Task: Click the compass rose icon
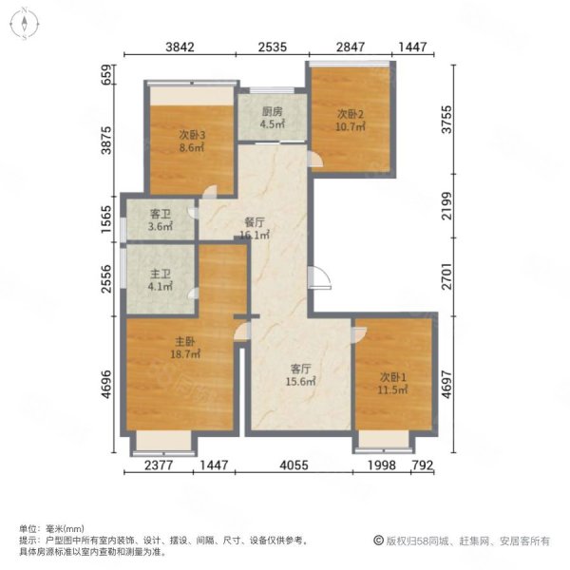click(x=25, y=24)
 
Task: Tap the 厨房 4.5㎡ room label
click(x=273, y=118)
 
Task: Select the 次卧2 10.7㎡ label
click(x=350, y=121)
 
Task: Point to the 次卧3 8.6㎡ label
click(x=192, y=142)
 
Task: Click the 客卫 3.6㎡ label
click(x=160, y=220)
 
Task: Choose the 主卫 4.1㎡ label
click(x=160, y=280)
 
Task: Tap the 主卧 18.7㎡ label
click(x=185, y=348)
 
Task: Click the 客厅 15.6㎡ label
click(x=300, y=375)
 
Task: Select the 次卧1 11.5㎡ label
click(x=392, y=384)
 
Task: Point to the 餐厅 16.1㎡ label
click(x=255, y=228)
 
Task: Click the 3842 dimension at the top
click(x=180, y=47)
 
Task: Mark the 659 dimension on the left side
click(x=106, y=74)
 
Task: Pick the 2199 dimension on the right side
click(x=446, y=206)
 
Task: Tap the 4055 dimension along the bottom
click(x=294, y=465)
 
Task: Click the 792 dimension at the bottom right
click(x=422, y=465)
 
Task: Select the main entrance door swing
click(x=319, y=277)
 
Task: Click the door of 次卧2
click(x=314, y=160)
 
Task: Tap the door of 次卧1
click(x=359, y=334)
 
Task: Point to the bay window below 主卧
click(x=163, y=444)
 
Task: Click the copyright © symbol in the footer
click(x=378, y=541)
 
